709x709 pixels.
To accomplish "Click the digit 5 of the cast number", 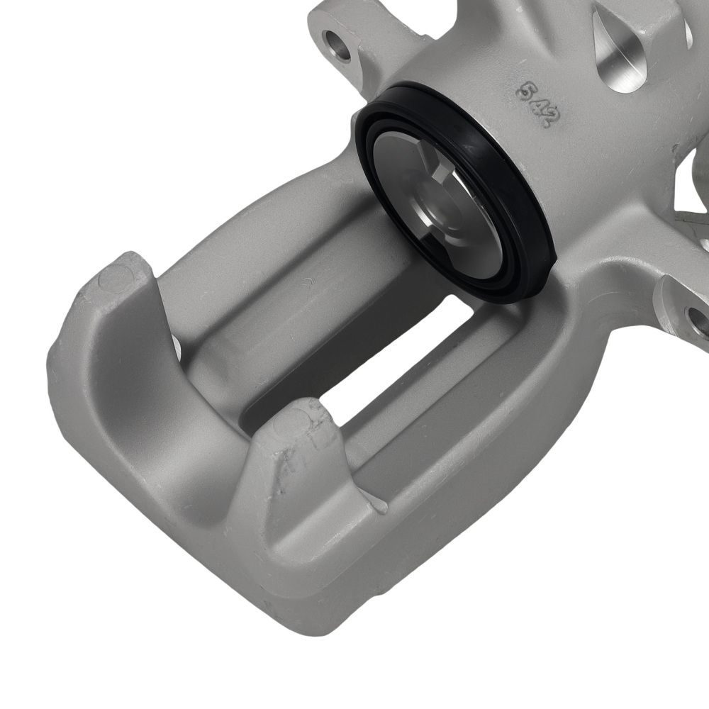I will pos(525,91).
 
